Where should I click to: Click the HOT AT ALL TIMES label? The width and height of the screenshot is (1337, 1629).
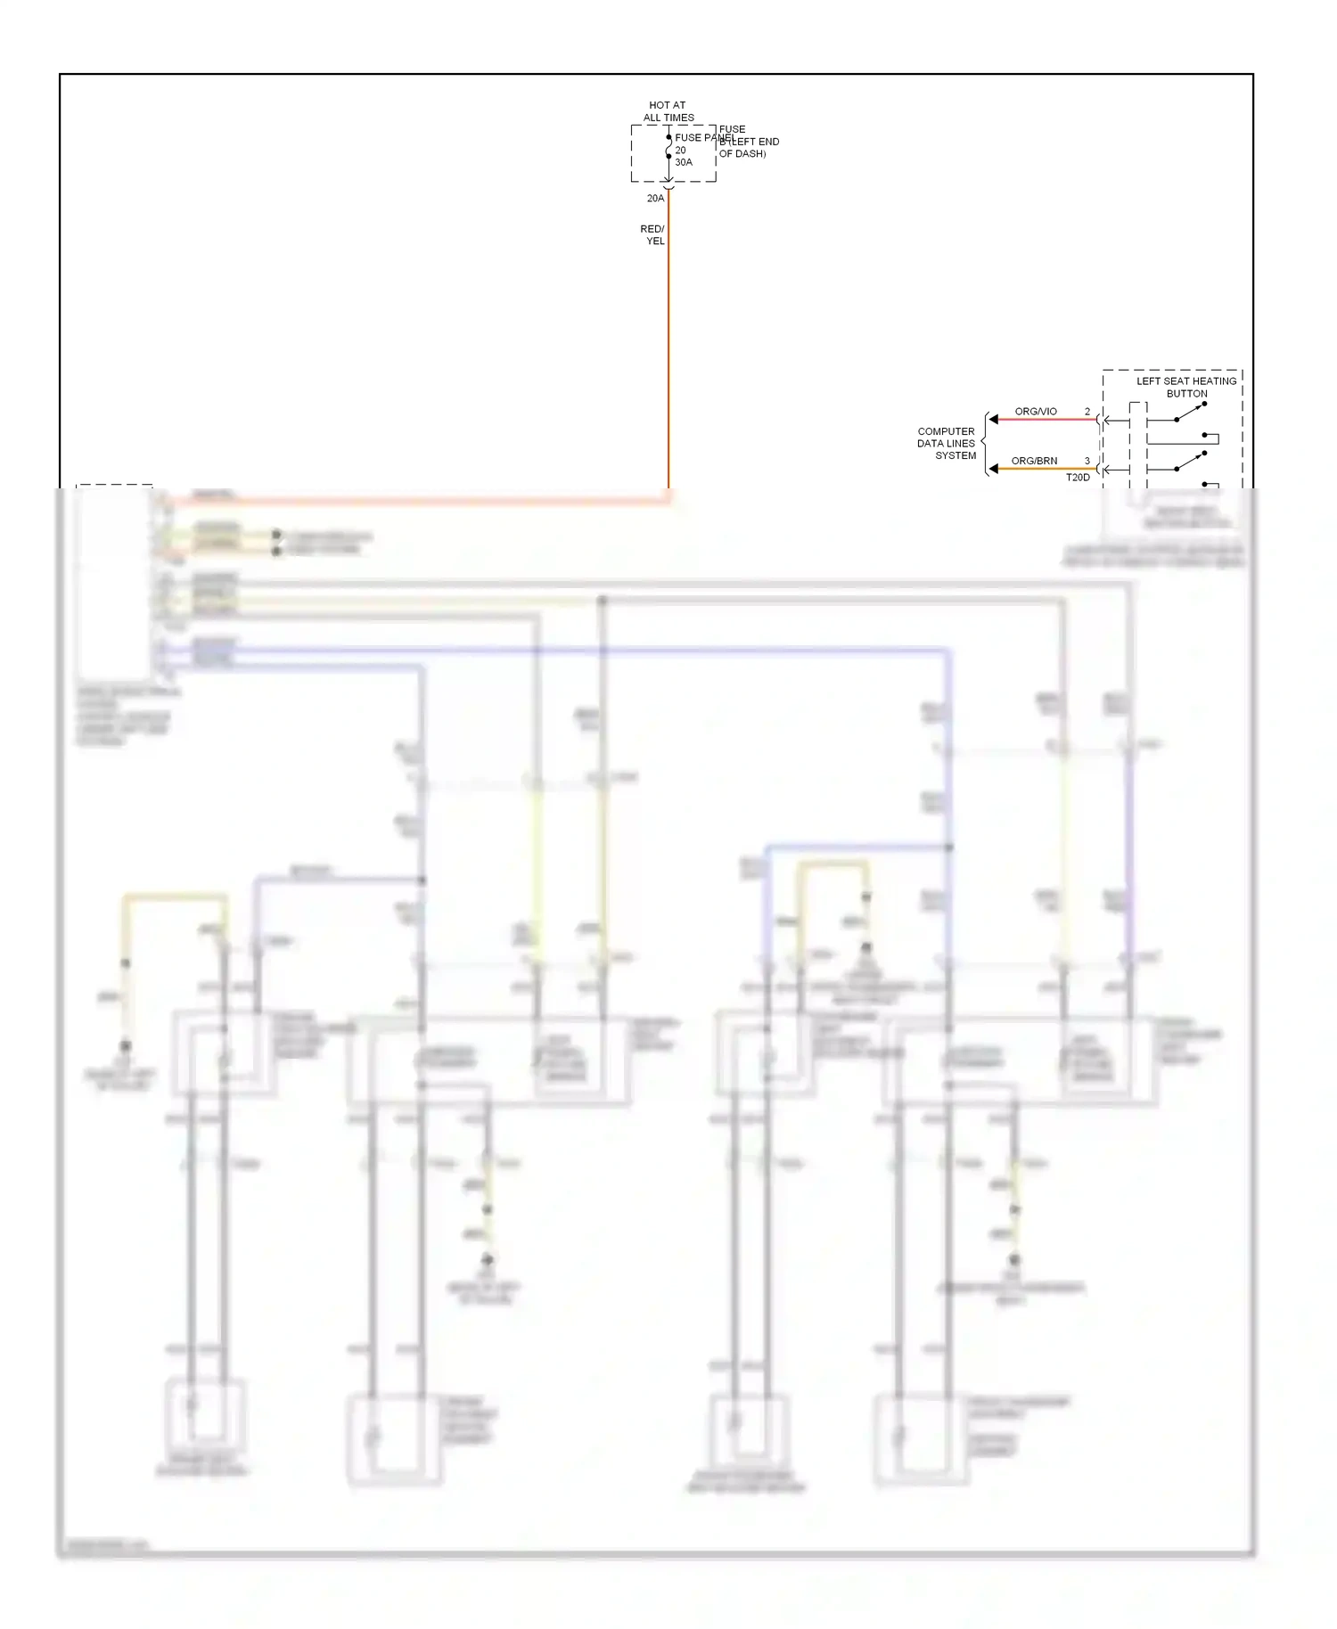coord(668,111)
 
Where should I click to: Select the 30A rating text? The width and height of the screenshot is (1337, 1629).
coord(684,162)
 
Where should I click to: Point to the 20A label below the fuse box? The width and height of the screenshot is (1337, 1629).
coord(655,199)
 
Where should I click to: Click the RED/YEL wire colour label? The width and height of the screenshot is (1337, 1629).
coord(653,235)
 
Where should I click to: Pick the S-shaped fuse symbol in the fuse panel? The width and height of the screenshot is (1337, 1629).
coord(668,147)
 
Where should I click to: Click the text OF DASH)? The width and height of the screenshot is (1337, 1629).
coord(742,154)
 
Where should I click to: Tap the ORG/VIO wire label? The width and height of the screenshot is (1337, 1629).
coord(1036,412)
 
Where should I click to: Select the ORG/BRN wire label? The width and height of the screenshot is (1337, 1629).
coord(1034,462)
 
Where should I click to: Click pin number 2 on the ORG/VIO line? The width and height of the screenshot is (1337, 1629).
coord(1087,412)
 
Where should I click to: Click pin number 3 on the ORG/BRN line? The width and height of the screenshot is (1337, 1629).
coord(1087,462)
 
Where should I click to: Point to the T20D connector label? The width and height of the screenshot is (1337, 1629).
coord(1078,478)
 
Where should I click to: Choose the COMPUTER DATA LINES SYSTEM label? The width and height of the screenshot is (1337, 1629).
coord(947,444)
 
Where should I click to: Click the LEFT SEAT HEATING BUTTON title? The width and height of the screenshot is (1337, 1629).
coord(1186,387)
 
